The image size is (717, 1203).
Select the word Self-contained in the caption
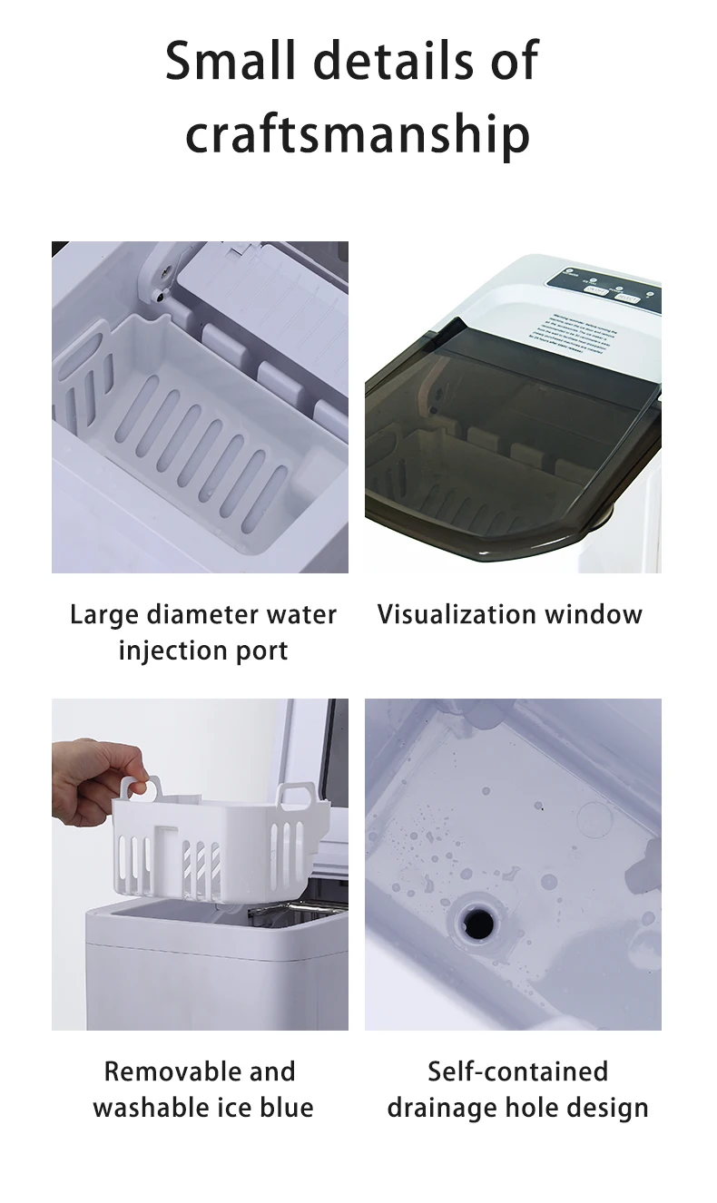click(517, 1071)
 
